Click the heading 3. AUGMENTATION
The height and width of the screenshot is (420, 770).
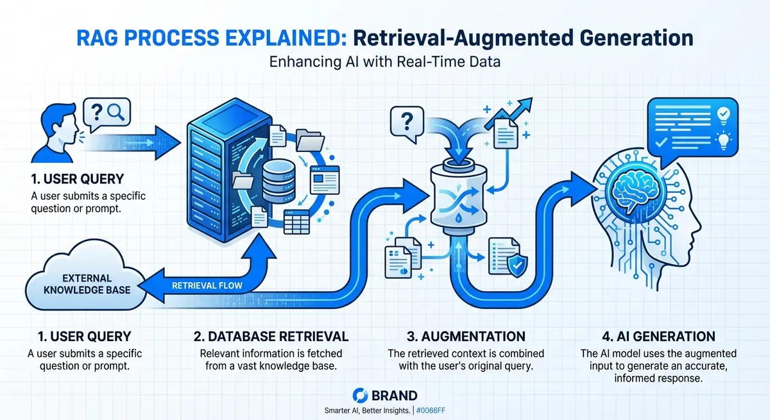click(456, 336)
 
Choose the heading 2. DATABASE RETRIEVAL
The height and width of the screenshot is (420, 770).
click(271, 336)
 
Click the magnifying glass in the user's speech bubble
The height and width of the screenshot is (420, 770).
click(116, 113)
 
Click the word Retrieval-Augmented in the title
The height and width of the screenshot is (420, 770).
click(437, 38)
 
